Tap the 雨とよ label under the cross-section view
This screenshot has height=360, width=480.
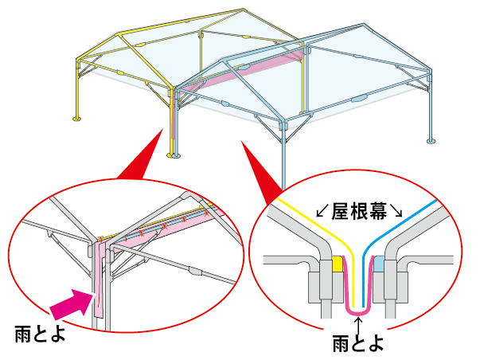point(357,344)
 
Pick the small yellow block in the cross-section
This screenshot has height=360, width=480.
point(338,264)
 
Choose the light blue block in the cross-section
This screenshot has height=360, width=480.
point(377,264)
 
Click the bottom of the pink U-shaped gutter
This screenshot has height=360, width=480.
point(357,311)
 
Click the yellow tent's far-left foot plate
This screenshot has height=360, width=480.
point(76,119)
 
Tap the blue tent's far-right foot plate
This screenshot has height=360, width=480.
point(431,142)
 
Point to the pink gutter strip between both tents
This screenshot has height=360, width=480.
point(239,73)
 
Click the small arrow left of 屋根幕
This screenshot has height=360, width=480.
point(322,212)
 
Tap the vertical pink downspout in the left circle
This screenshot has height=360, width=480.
point(98,279)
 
